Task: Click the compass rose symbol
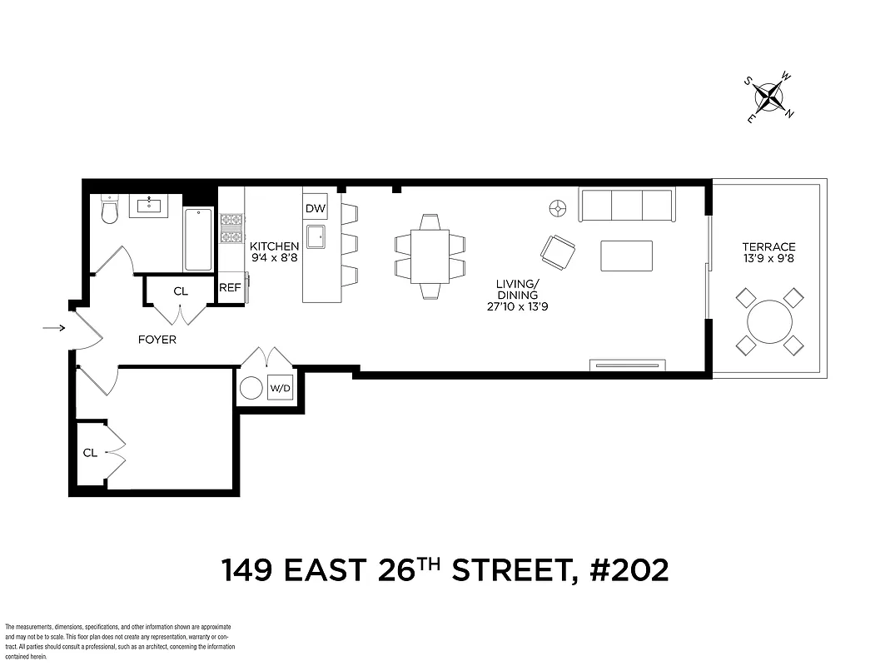[769, 98]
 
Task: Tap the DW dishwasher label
[315, 208]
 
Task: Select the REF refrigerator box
[230, 288]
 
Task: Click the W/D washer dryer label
[280, 389]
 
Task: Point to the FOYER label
[157, 340]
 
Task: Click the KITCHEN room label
[275, 246]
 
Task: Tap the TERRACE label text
[768, 246]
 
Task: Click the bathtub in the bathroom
[198, 239]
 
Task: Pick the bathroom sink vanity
[149, 206]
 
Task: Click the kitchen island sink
[316, 236]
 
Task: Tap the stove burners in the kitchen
[231, 228]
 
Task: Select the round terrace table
[769, 321]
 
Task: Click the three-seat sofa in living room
[627, 205]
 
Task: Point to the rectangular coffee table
[626, 256]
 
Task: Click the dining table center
[430, 256]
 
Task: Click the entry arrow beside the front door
[54, 328]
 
